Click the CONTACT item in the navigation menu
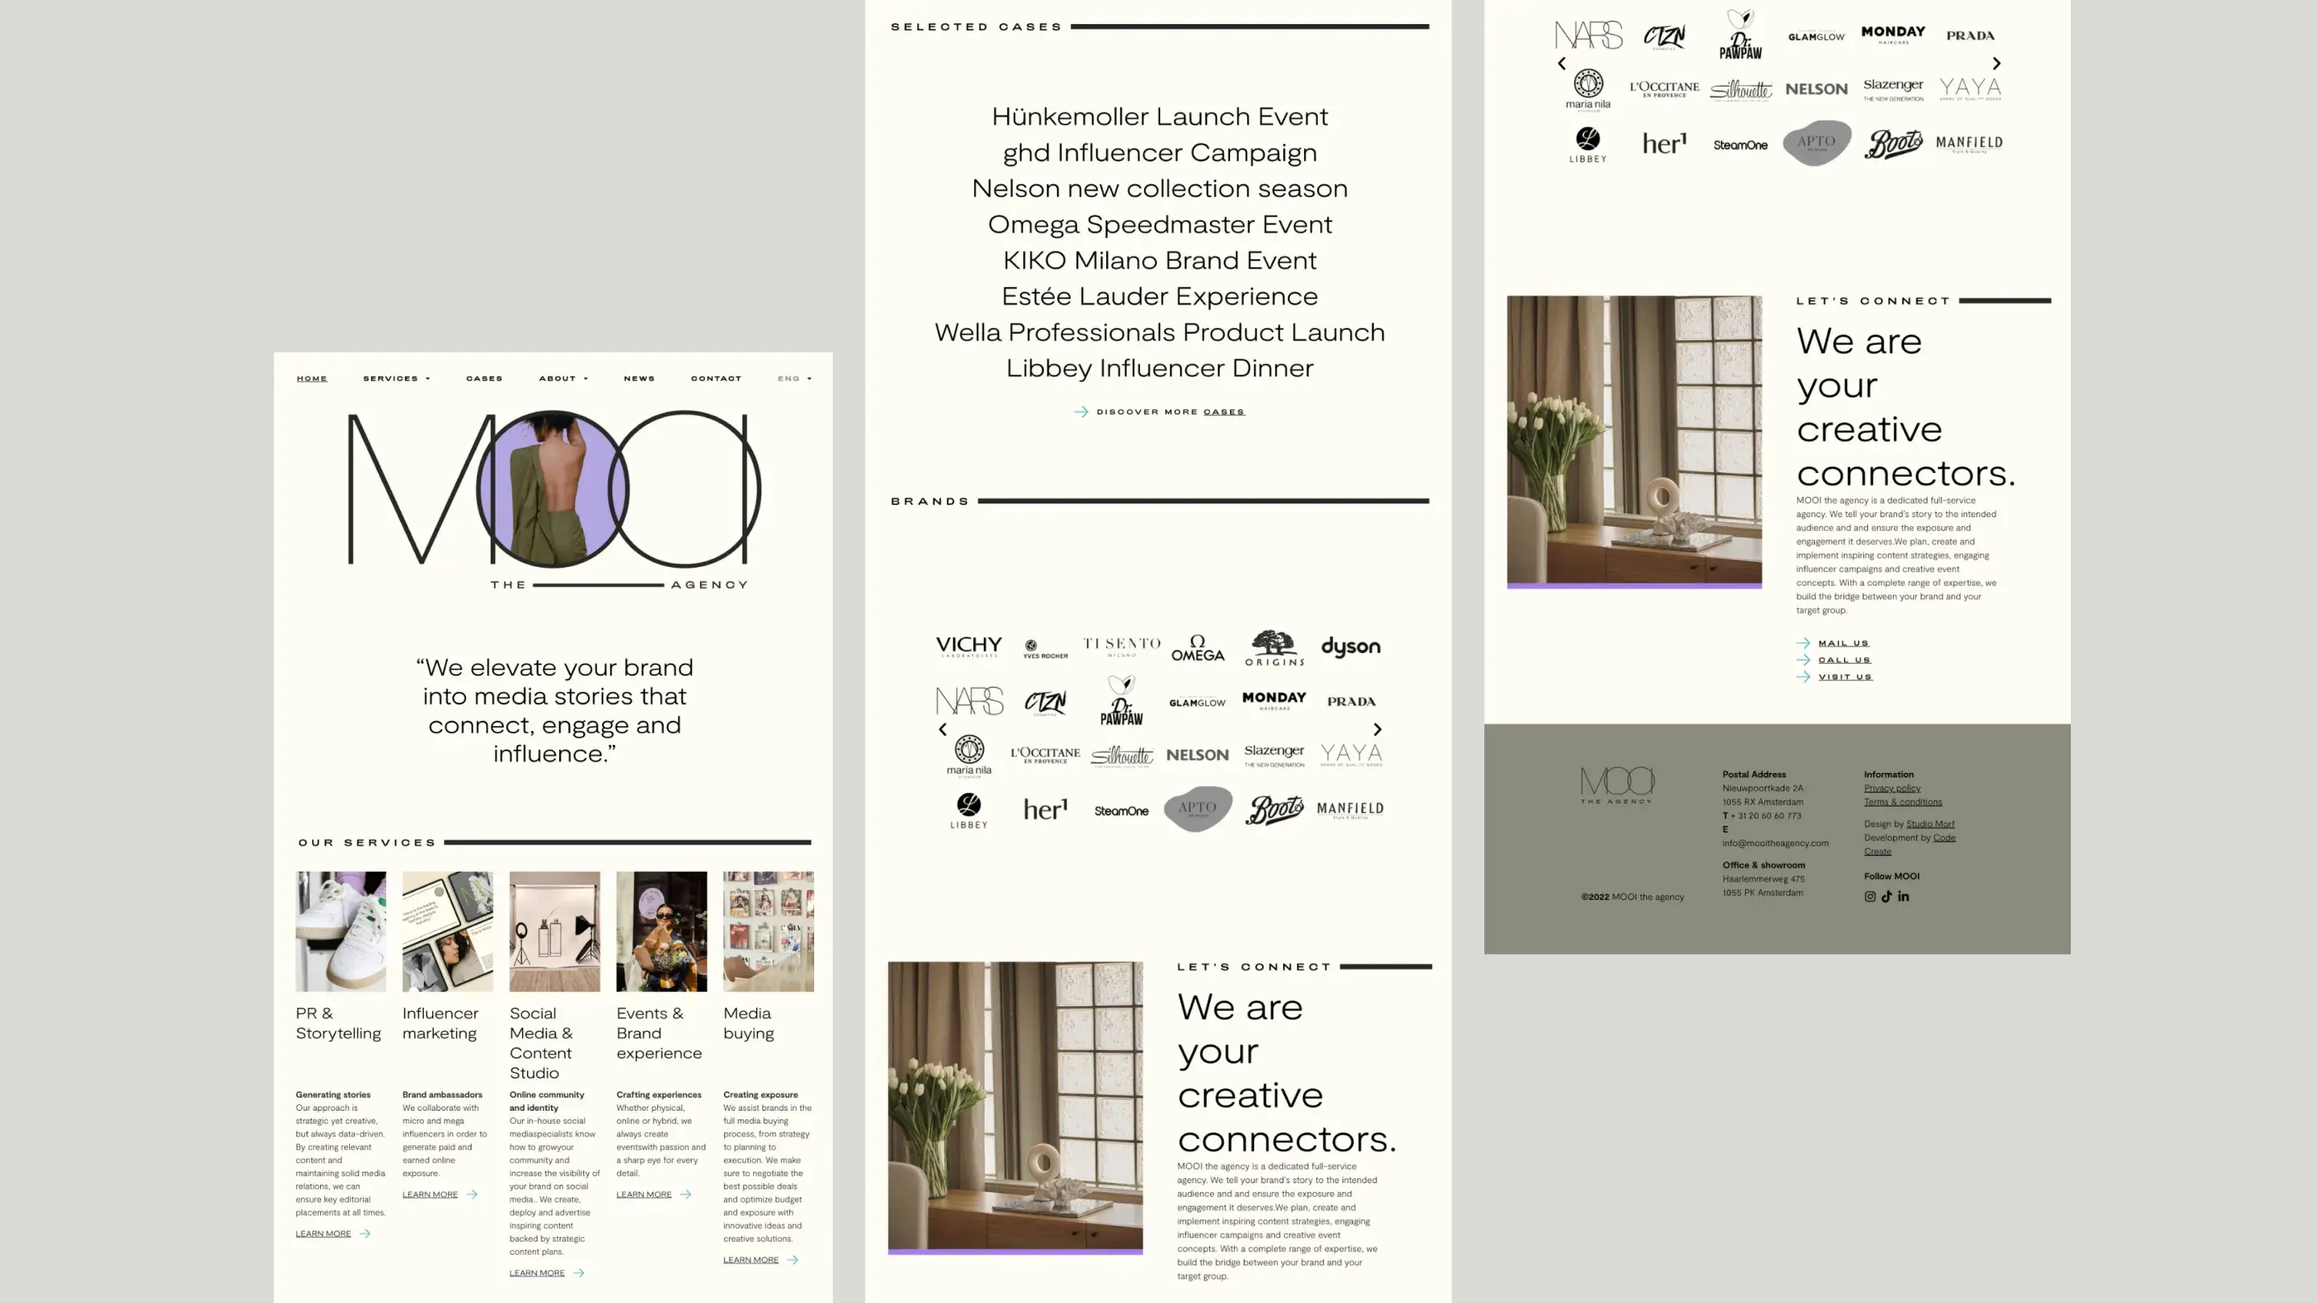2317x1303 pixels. pyautogui.click(x=716, y=379)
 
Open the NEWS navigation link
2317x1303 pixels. pyautogui.click(x=639, y=379)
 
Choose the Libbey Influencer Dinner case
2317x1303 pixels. pyautogui.click(x=1159, y=368)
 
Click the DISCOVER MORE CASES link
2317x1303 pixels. pyautogui.click(x=1169, y=412)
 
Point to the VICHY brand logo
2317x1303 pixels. pyautogui.click(x=968, y=647)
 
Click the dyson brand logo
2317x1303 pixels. pyautogui.click(x=1350, y=647)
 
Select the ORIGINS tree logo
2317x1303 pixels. pyautogui.click(x=1274, y=647)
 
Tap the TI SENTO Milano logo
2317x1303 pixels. pyautogui.click(x=1121, y=646)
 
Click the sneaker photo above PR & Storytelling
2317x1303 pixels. pyautogui.click(x=340, y=931)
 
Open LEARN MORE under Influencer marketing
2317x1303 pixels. pyautogui.click(x=430, y=1194)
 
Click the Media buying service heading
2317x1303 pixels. pyautogui.click(x=747, y=1023)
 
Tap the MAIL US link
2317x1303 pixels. pyautogui.click(x=1843, y=643)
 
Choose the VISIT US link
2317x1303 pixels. pyautogui.click(x=1845, y=677)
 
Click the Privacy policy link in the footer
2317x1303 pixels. pyautogui.click(x=1891, y=788)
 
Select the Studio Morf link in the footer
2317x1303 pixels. pyautogui.click(x=1929, y=824)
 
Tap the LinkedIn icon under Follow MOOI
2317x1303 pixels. pyautogui.click(x=1903, y=897)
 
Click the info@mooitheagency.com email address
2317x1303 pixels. pyautogui.click(x=1775, y=844)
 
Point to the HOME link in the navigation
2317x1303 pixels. pyautogui.click(x=312, y=379)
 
